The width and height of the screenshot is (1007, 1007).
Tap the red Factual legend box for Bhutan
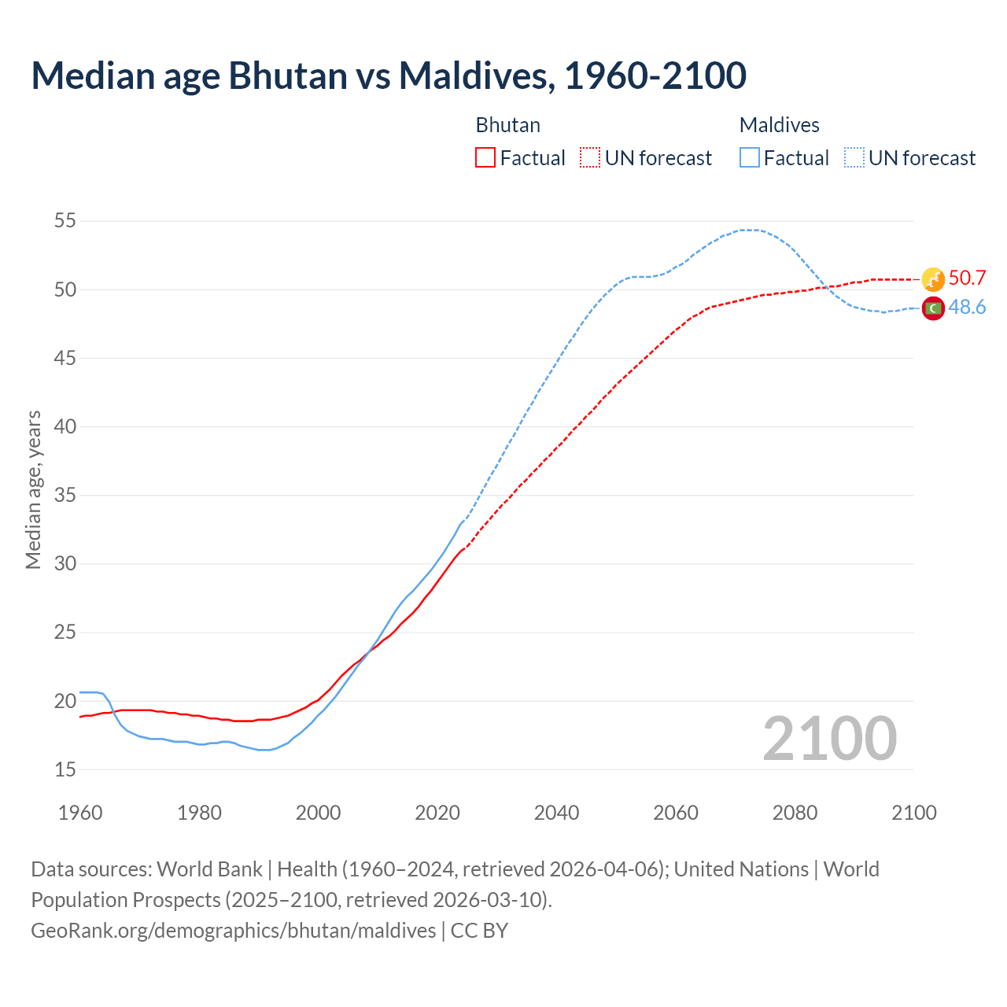[485, 158]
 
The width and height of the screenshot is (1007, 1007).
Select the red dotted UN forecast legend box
[590, 158]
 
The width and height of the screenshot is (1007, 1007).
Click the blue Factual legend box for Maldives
[750, 158]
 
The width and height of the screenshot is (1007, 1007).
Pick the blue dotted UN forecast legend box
[854, 158]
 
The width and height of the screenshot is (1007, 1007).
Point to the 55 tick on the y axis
[65, 221]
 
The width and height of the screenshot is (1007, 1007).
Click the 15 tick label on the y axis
[65, 769]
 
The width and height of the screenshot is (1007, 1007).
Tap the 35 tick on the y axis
[65, 496]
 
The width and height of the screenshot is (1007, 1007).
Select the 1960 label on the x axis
[80, 813]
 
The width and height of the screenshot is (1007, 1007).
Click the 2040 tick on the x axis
[556, 813]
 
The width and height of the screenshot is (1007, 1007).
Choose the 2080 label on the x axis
[795, 813]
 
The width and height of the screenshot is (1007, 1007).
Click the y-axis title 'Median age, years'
[33, 489]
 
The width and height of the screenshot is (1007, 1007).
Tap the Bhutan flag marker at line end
[933, 279]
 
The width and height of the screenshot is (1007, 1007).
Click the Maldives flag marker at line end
[933, 308]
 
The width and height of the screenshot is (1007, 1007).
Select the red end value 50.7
[967, 278]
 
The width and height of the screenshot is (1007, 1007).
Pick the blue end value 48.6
[967, 308]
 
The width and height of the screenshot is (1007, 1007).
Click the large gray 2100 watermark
[830, 738]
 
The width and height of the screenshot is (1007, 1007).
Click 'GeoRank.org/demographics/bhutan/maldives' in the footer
[233, 931]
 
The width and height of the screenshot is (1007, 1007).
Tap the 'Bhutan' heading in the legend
[508, 125]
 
